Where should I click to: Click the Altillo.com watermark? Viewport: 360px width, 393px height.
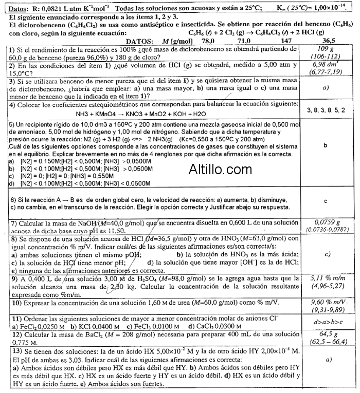click(220, 169)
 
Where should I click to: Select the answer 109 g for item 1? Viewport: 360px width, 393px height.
click(326, 49)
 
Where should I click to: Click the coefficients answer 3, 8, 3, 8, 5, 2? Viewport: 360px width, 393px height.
click(326, 110)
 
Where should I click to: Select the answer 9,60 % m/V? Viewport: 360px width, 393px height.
click(326, 303)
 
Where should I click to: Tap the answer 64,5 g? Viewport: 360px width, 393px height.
click(326, 334)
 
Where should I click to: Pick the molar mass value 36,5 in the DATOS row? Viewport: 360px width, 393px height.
click(328, 41)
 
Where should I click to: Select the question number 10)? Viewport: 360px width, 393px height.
click(16, 304)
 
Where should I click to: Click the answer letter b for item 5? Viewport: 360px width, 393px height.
click(326, 145)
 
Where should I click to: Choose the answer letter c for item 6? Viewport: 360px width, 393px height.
click(326, 201)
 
